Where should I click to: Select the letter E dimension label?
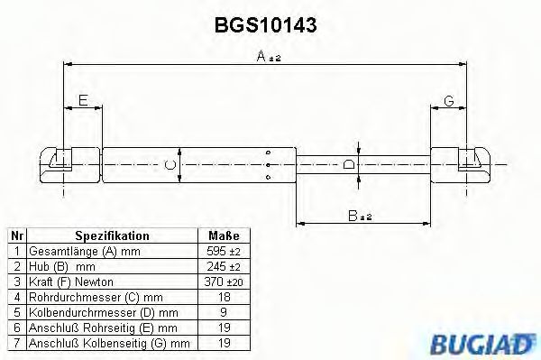point(83,100)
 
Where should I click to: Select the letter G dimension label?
point(448,100)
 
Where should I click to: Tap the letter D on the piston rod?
point(349,164)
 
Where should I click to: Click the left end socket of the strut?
point(58,164)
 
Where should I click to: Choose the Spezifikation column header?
point(112,235)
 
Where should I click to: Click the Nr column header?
point(15,235)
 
